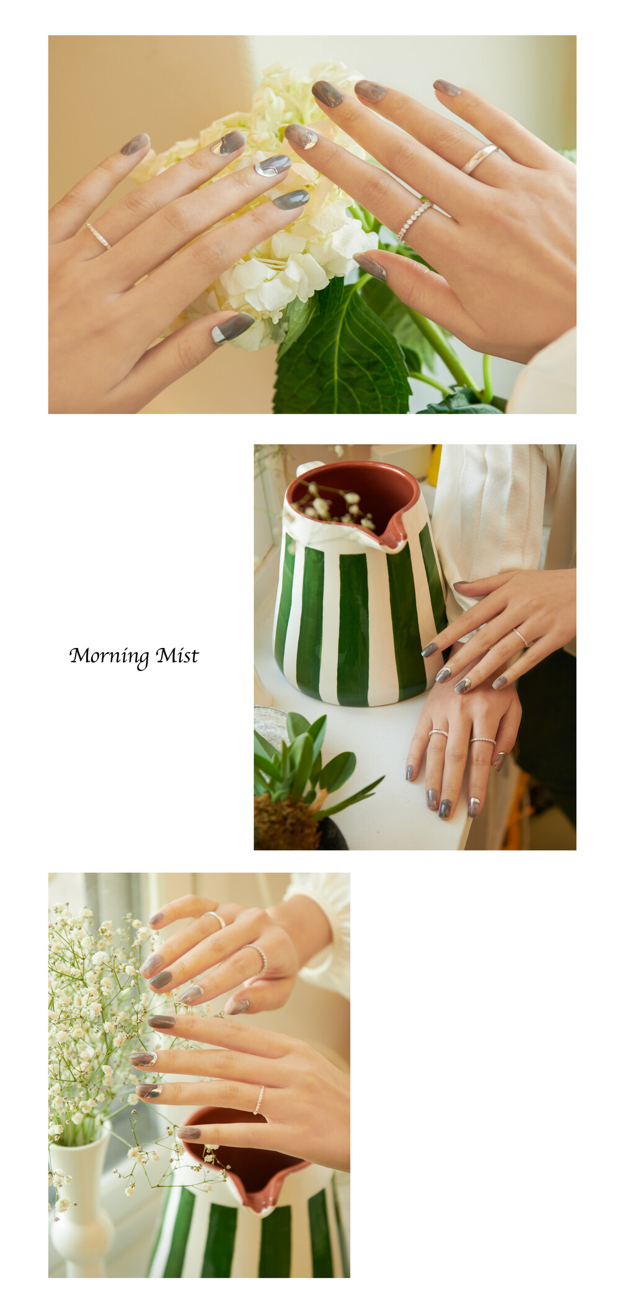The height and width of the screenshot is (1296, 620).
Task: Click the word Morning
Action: pos(108,656)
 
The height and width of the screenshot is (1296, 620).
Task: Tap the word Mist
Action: pos(177,655)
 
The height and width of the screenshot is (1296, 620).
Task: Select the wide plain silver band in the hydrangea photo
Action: pos(479,159)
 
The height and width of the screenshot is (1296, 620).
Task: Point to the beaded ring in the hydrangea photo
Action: pos(414,221)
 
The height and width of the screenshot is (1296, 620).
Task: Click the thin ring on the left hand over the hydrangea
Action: pos(98,236)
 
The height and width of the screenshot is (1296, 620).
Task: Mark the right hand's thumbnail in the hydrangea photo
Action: pos(370,266)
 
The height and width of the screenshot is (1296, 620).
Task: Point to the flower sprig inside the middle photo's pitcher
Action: pos(335,502)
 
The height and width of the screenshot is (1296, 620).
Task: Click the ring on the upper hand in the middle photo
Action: pos(520,637)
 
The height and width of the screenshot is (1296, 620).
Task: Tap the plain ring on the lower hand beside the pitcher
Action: pos(438,733)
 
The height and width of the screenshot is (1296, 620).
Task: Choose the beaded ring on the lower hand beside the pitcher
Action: pos(483,740)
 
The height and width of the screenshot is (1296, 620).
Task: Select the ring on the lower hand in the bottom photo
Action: pos(259,1100)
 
